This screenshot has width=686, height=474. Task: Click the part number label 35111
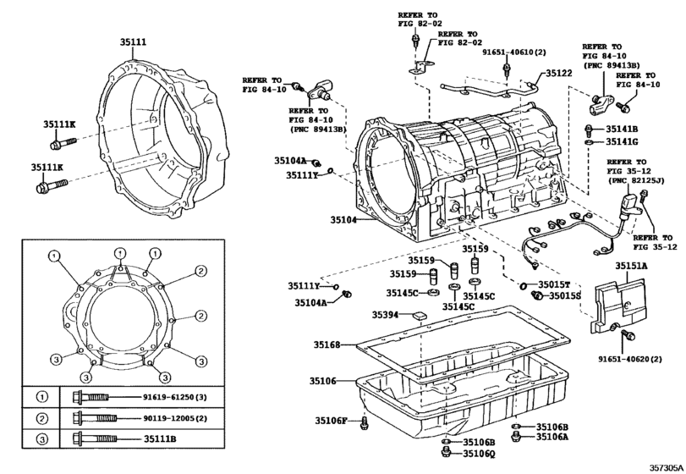133,41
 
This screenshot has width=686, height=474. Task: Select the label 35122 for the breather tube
559,74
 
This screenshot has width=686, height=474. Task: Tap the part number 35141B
621,129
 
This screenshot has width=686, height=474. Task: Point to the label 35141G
621,142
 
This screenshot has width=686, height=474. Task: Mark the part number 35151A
631,266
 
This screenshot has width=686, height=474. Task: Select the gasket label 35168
327,345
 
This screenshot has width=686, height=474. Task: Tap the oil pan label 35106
327,381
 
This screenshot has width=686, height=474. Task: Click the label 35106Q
480,454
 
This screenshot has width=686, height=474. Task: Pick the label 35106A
552,437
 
